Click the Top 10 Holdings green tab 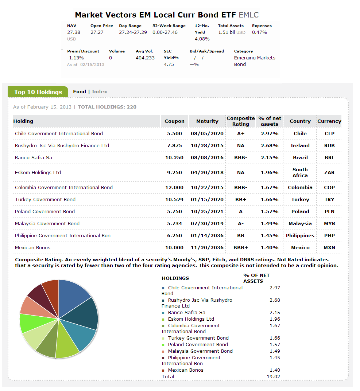pyautogui.click(x=38, y=92)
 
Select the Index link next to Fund pyautogui.click(x=100, y=91)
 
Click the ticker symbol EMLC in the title pyautogui.click(x=248, y=15)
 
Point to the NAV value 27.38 pyautogui.click(x=74, y=32)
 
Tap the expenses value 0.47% pyautogui.click(x=259, y=32)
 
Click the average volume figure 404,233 pyautogui.click(x=145, y=58)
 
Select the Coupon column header pyautogui.click(x=174, y=121)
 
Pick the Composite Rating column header pyautogui.click(x=241, y=121)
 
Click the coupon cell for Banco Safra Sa pyautogui.click(x=174, y=157)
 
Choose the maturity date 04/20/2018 pyautogui.click(x=207, y=172)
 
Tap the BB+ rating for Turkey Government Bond pyautogui.click(x=241, y=199)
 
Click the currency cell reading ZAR pyautogui.click(x=329, y=172)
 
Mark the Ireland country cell pyautogui.click(x=300, y=145)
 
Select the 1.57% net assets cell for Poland pyautogui.click(x=270, y=211)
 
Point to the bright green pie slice pyautogui.click(x=28, y=322)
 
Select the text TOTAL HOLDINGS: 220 pyautogui.click(x=107, y=107)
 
